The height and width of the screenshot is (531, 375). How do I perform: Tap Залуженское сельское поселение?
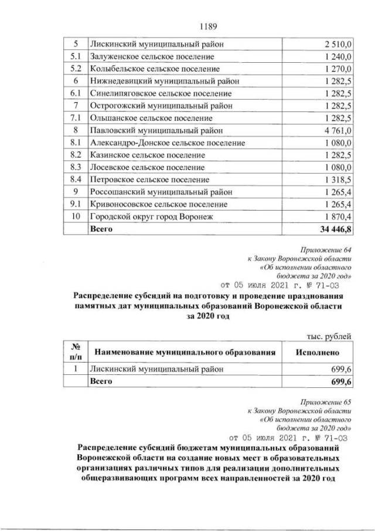(x=151, y=56)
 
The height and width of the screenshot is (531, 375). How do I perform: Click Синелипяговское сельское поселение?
(x=161, y=93)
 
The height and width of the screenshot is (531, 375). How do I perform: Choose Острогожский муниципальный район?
(x=161, y=106)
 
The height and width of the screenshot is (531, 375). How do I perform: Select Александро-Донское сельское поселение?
(x=168, y=143)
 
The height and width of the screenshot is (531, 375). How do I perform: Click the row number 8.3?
(x=75, y=167)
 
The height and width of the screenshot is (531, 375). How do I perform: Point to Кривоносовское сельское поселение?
(x=158, y=204)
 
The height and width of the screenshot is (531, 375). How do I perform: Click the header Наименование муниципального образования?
(x=185, y=352)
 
